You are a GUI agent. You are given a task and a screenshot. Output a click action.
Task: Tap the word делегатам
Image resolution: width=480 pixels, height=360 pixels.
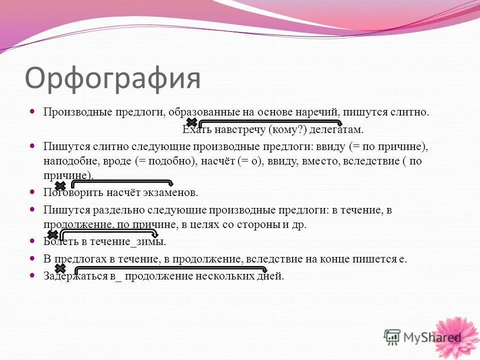pyautogui.click(x=336, y=129)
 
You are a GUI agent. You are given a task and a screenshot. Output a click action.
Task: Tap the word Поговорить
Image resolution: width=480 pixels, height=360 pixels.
pyautogui.click(x=73, y=192)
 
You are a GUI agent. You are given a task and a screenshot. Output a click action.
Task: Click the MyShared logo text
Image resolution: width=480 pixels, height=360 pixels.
pyautogui.click(x=432, y=337)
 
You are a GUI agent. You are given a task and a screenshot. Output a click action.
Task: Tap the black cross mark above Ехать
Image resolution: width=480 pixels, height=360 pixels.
pyautogui.click(x=191, y=122)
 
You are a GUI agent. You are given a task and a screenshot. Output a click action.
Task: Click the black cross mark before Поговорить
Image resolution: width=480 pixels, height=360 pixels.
pyautogui.click(x=60, y=185)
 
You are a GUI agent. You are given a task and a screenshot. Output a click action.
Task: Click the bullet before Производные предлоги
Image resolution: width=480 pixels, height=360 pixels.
pyautogui.click(x=33, y=111)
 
